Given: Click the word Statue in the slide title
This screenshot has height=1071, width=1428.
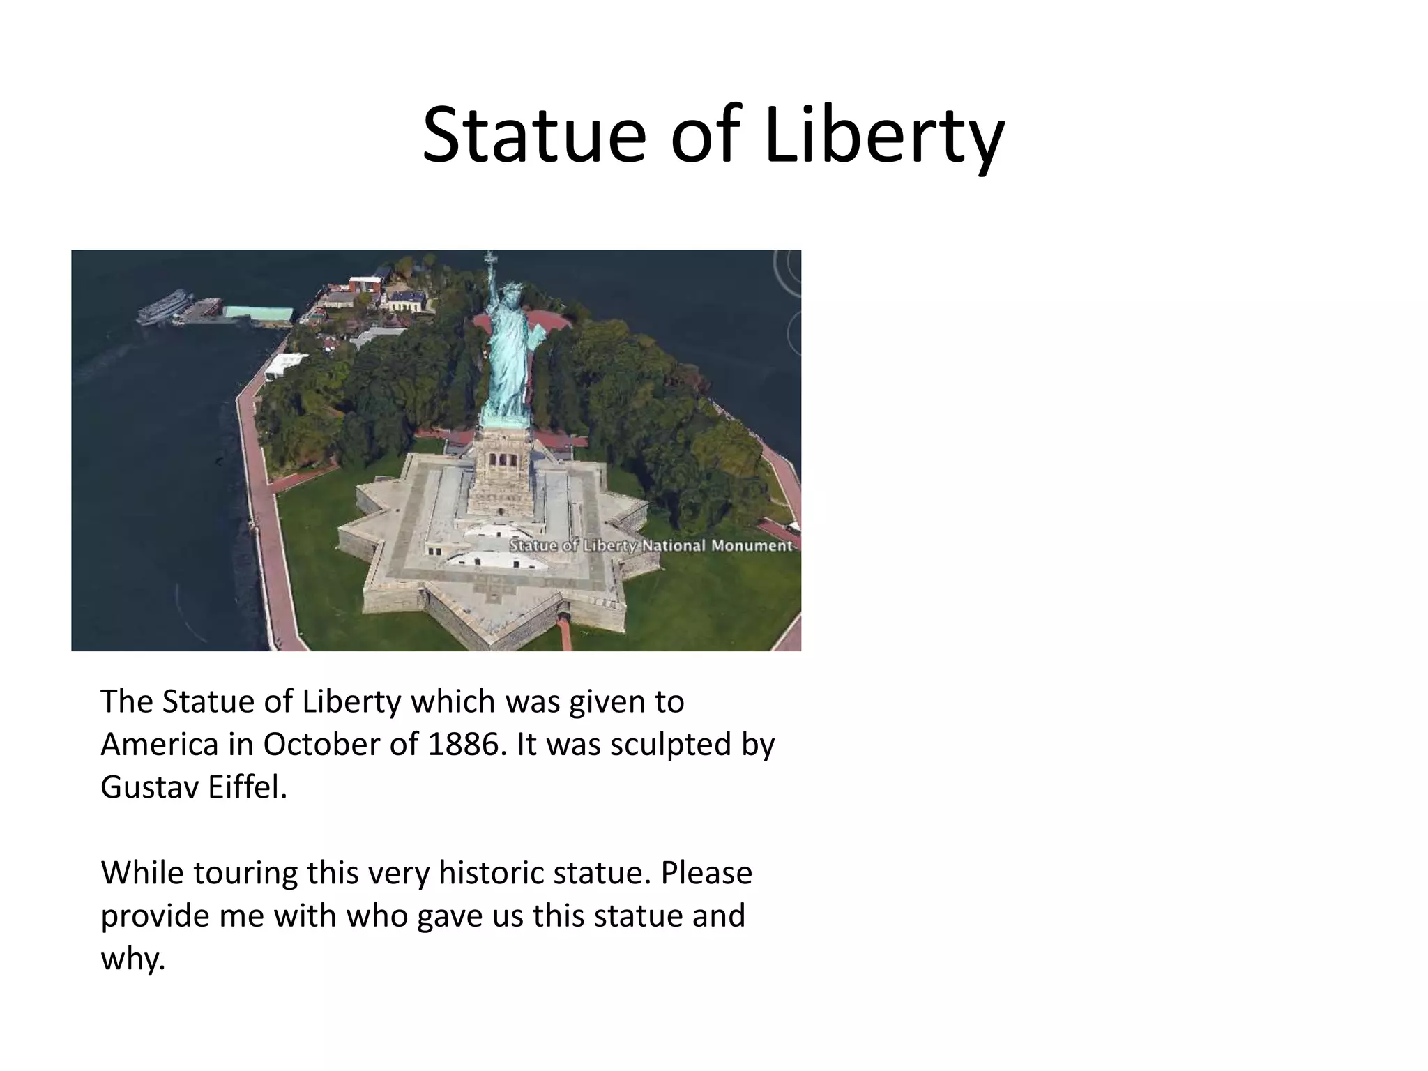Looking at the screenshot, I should pyautogui.click(x=534, y=136).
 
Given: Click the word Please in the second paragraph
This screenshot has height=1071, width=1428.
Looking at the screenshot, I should pyautogui.click(x=706, y=873).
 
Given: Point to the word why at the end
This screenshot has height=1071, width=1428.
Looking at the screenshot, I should pyautogui.click(x=132, y=959).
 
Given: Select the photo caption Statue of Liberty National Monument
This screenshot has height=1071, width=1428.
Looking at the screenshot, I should pyautogui.click(x=651, y=545).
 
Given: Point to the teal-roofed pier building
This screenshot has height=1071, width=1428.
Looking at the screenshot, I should pyautogui.click(x=257, y=314).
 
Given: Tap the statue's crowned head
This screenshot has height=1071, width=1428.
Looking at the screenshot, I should pyautogui.click(x=512, y=292).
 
